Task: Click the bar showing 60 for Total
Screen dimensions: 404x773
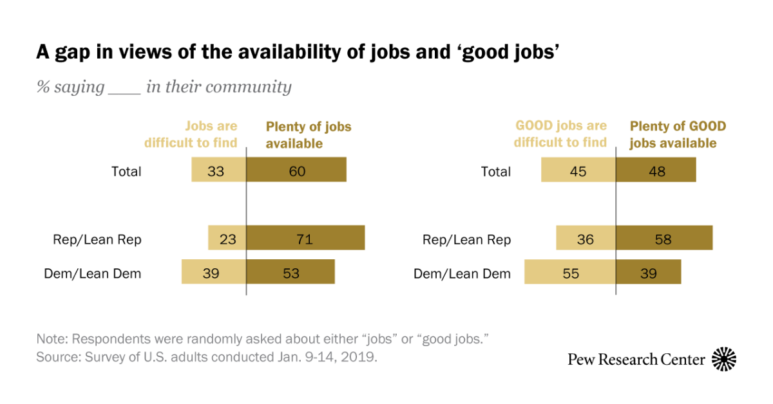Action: pyautogui.click(x=296, y=169)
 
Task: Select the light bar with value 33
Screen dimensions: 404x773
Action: pyautogui.click(x=218, y=169)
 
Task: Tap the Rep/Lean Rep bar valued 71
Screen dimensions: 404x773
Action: pyautogui.click(x=305, y=237)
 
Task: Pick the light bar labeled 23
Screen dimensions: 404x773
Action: pyautogui.click(x=227, y=237)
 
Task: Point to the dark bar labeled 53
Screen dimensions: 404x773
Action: pyautogui.click(x=291, y=271)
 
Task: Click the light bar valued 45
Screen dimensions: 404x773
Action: pyautogui.click(x=578, y=169)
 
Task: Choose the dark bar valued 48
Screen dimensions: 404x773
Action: pyautogui.click(x=656, y=169)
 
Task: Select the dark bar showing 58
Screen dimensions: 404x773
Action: pyautogui.click(x=664, y=237)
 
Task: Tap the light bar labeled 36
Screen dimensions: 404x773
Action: pyautogui.click(x=586, y=237)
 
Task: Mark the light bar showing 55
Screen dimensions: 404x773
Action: pyautogui.click(x=570, y=271)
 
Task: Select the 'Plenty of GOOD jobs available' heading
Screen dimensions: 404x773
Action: pyautogui.click(x=677, y=134)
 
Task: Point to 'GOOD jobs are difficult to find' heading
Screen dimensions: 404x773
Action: pyautogui.click(x=560, y=134)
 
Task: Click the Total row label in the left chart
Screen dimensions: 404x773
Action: pyautogui.click(x=126, y=172)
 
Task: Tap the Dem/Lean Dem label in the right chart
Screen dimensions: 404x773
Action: pyautogui.click(x=462, y=274)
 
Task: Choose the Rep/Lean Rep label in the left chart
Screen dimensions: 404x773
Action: pyautogui.click(x=97, y=240)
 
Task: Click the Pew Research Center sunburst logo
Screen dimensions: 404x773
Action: pyautogui.click(x=724, y=359)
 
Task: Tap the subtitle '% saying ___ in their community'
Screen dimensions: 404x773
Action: pyautogui.click(x=164, y=87)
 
